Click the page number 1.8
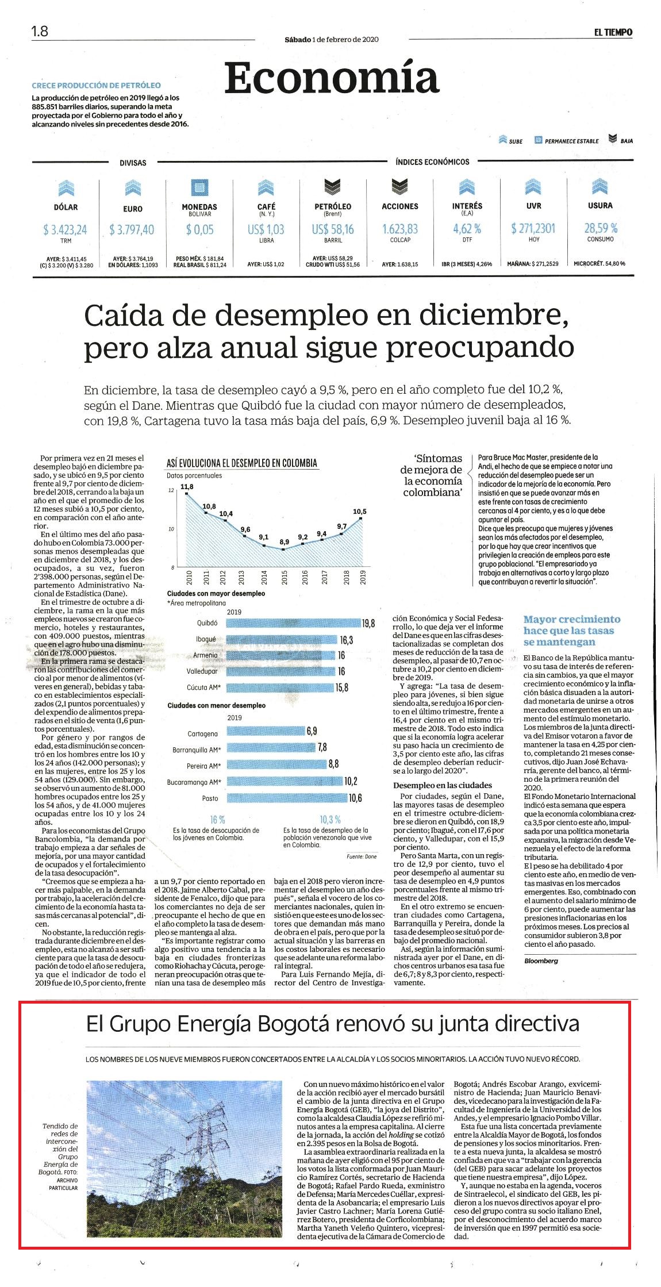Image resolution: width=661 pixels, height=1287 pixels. [x=40, y=32]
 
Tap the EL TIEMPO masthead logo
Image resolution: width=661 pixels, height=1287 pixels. [x=613, y=32]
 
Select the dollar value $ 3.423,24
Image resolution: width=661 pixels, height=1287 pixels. [x=65, y=230]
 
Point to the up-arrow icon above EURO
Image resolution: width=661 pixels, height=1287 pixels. [x=133, y=188]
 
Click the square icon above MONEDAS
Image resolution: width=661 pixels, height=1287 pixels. [x=199, y=188]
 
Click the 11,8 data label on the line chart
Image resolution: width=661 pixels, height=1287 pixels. [x=187, y=487]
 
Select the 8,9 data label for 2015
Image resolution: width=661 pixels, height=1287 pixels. [x=285, y=541]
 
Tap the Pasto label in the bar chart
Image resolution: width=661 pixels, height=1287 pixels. [x=210, y=798]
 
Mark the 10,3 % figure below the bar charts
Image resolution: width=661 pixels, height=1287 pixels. [x=330, y=819]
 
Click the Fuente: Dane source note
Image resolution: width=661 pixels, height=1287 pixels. [x=362, y=856]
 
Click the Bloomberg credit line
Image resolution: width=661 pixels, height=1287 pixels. [x=541, y=961]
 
